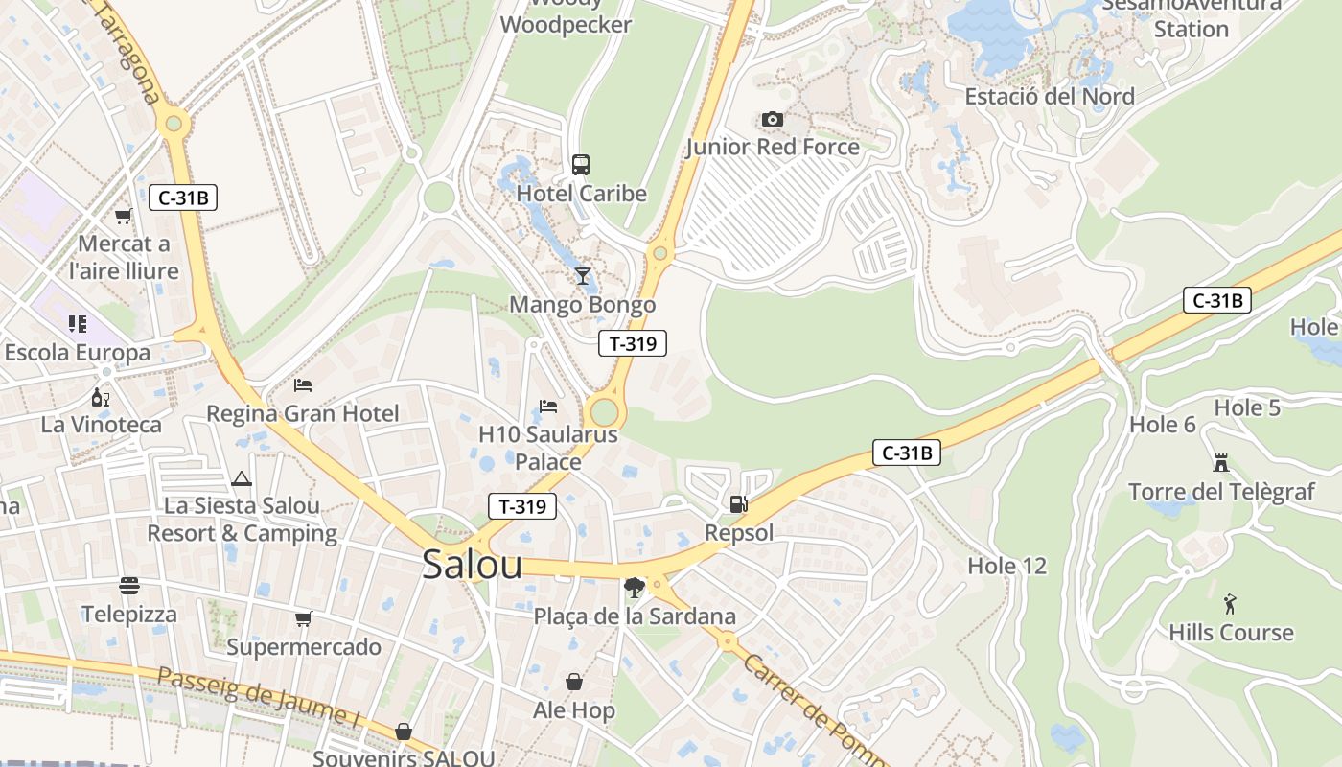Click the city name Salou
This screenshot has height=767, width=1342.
tap(473, 565)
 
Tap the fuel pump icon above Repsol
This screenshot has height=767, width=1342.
tap(738, 503)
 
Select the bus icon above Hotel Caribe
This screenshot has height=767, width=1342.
tap(581, 164)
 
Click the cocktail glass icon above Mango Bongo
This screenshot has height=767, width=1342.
tap(582, 276)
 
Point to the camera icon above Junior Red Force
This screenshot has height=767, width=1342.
tap(772, 119)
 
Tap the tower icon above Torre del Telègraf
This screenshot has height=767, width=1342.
tap(1220, 463)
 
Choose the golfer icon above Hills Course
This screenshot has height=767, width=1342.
tap(1230, 604)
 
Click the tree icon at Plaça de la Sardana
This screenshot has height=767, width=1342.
tap(633, 587)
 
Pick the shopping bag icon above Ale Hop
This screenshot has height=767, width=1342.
tap(573, 682)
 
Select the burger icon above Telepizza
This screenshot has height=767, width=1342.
tap(129, 585)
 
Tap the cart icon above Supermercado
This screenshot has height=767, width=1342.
tap(303, 618)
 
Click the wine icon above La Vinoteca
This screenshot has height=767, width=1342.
tap(100, 396)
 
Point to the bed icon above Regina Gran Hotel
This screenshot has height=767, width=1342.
tap(303, 385)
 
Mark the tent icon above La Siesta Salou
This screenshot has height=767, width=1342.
tap(241, 477)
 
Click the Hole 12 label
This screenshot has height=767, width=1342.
tap(1006, 566)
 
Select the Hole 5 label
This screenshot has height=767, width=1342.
tap(1246, 407)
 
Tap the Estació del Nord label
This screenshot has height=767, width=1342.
tap(1049, 96)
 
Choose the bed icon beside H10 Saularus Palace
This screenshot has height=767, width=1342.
tap(548, 407)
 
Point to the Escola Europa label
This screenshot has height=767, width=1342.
tap(77, 352)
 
